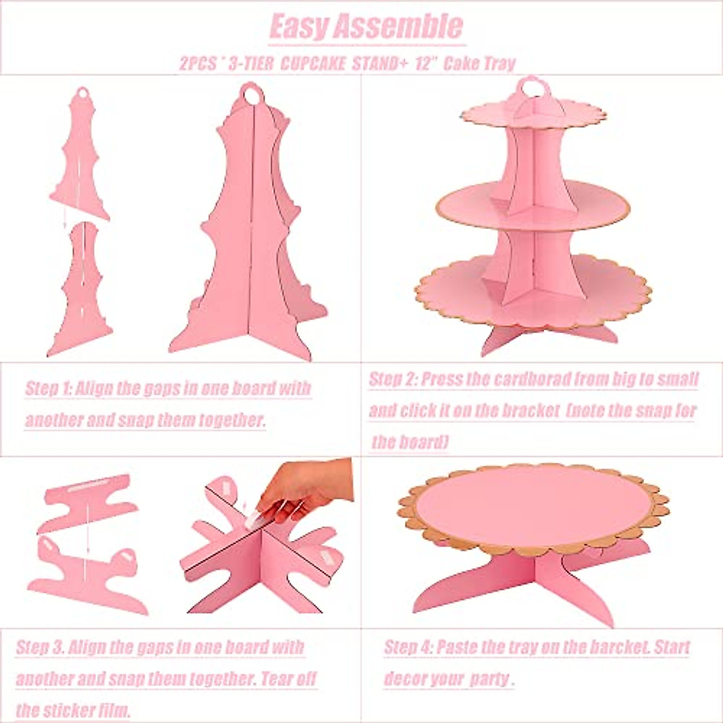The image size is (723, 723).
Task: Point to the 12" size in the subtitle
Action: point(425,64)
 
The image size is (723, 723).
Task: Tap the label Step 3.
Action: point(40,648)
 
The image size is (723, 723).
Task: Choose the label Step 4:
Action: point(408,648)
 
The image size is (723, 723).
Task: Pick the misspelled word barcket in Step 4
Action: point(611,648)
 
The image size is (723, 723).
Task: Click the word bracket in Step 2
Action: point(523,411)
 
